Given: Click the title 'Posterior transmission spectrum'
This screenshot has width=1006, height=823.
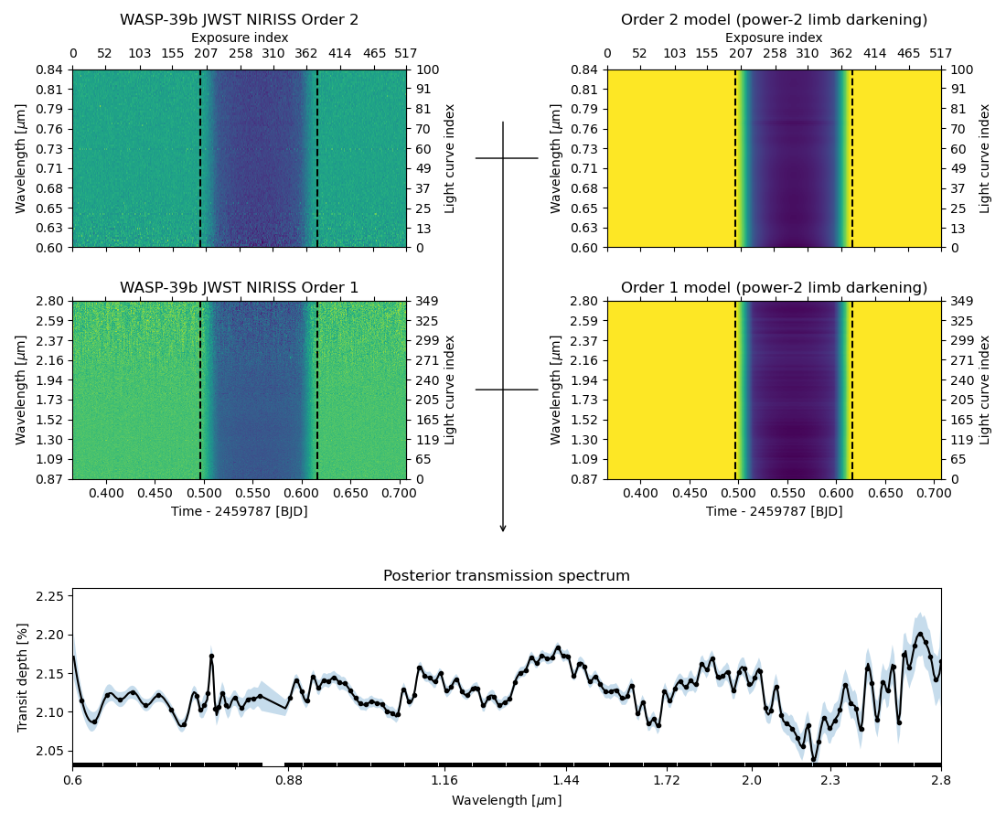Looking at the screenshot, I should (506, 576).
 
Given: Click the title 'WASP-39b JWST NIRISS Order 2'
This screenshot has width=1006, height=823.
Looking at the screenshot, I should (239, 20).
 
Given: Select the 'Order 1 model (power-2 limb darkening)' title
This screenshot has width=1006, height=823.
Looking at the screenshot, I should (774, 288).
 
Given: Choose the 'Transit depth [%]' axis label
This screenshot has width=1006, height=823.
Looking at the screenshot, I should (23, 677).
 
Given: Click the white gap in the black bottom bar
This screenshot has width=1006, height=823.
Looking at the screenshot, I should (273, 764).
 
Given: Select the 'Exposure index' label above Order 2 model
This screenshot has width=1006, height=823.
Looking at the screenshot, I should (774, 38).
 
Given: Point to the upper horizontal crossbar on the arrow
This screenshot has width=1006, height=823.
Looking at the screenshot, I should (507, 158).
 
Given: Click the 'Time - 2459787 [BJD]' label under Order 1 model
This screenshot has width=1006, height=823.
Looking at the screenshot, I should (774, 511).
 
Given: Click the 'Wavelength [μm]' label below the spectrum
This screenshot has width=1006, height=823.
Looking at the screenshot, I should (506, 800).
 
